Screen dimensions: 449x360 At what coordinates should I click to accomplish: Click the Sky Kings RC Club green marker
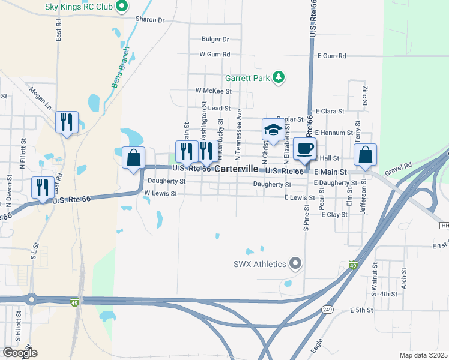[122, 7]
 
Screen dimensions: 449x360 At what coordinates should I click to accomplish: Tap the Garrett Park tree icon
[278, 77]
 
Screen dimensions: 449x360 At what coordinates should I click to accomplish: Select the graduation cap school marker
[273, 130]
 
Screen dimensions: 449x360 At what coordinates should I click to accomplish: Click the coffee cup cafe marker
[304, 148]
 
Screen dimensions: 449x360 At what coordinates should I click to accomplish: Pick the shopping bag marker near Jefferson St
[365, 155]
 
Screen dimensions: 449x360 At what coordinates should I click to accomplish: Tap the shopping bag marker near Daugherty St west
[134, 158]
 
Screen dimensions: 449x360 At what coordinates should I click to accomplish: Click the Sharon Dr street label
[149, 19]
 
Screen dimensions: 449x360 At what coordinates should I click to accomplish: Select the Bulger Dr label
[215, 39]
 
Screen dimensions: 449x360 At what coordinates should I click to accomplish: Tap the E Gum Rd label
[334, 56]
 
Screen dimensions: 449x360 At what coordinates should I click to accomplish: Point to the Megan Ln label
[40, 98]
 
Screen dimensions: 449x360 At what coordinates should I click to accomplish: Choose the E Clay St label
[334, 214]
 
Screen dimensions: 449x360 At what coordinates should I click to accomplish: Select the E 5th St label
[361, 310]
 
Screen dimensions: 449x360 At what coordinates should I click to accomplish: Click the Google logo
[19, 353]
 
